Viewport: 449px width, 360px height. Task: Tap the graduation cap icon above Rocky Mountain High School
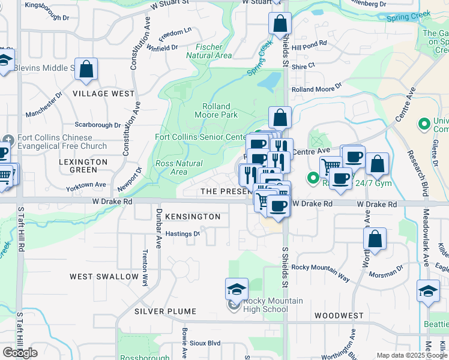coord(237,289)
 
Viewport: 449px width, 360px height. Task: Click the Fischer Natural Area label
coord(209,51)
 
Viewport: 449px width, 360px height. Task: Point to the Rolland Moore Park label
coord(212,110)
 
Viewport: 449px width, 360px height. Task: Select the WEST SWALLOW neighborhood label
coord(104,277)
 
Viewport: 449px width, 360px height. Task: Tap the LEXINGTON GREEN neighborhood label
coord(83,166)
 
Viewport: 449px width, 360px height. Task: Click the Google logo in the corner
coord(20,353)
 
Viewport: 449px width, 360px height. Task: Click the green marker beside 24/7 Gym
coord(313,178)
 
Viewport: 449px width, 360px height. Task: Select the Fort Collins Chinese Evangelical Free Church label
coord(62,142)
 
